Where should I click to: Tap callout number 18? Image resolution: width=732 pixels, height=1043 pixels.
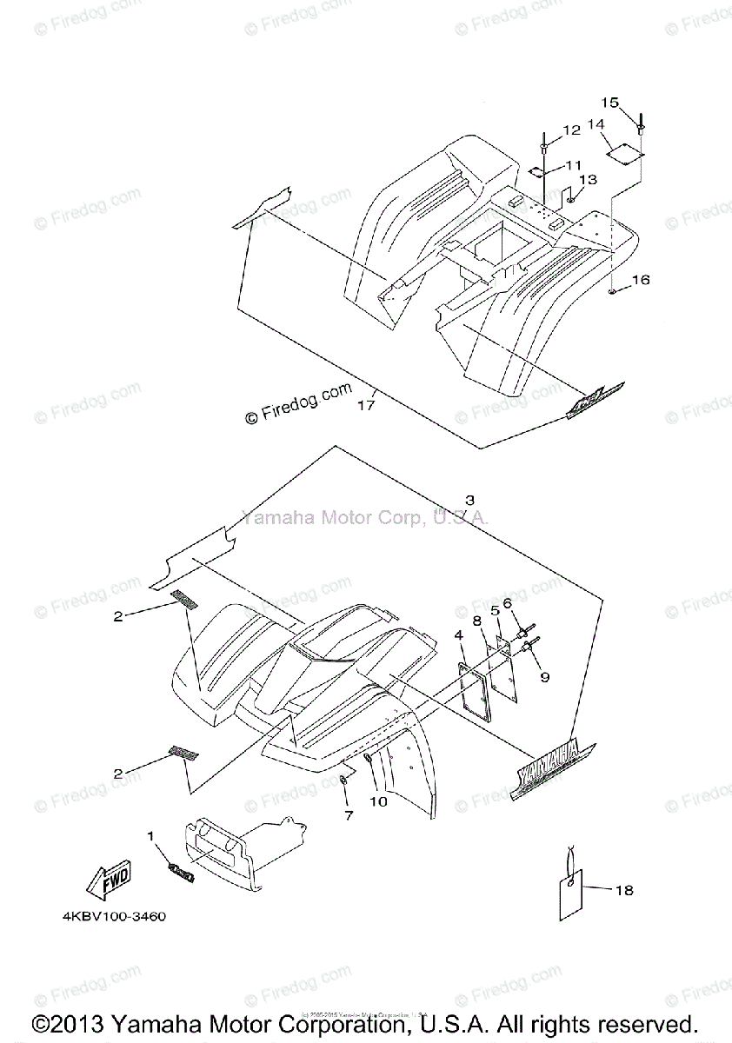coord(623,890)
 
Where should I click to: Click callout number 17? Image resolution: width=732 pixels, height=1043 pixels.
coord(366,404)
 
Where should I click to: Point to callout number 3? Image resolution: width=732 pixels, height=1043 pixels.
coord(469,500)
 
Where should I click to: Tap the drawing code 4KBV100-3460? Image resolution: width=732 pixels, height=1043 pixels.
coord(114,916)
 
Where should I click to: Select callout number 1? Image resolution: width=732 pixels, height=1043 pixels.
coord(150,835)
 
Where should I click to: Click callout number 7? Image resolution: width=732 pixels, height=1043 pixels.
coord(349,815)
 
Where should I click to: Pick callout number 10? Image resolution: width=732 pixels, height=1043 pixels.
coord(378,801)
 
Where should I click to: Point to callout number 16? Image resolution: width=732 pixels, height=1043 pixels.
coord(640,280)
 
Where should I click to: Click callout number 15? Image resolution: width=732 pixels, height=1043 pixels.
coord(609,103)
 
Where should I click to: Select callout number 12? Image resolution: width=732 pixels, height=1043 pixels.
coord(570,130)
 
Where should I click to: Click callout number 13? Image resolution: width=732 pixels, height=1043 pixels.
coord(588,179)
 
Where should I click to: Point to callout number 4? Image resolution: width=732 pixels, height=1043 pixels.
coord(459,635)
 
